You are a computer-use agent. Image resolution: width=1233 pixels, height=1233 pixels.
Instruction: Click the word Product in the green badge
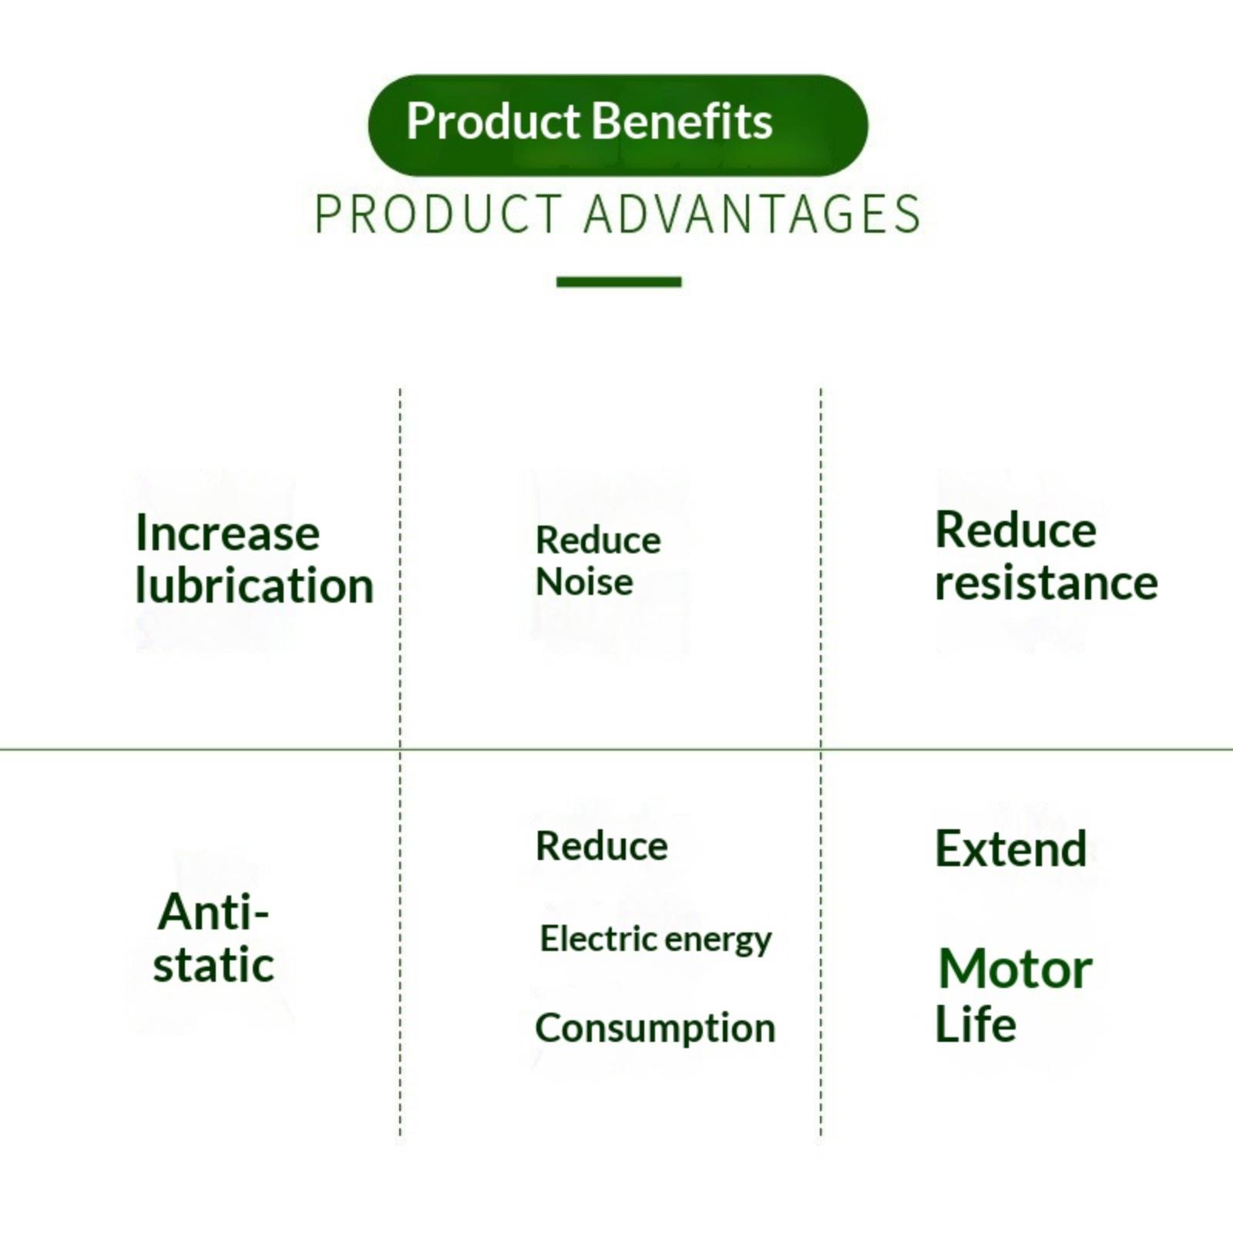click(x=492, y=122)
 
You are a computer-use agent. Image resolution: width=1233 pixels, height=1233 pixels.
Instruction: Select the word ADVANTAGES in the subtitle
click(x=752, y=214)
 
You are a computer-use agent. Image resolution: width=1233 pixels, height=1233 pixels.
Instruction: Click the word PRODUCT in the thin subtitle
click(x=438, y=214)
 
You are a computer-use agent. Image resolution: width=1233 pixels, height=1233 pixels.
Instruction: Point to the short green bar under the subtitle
click(x=619, y=282)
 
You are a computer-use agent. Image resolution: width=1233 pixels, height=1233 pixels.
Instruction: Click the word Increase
click(x=227, y=533)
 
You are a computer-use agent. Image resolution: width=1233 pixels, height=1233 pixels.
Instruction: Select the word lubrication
click(x=254, y=586)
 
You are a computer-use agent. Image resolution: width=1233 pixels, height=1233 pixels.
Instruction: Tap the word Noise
click(x=584, y=582)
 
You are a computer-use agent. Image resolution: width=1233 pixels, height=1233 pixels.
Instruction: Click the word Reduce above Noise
click(x=598, y=540)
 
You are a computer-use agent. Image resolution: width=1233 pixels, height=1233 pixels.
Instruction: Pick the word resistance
click(x=1046, y=583)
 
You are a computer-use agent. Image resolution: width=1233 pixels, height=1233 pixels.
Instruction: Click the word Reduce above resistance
click(x=1015, y=530)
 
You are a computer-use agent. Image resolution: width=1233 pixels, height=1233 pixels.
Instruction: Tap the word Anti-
click(x=213, y=912)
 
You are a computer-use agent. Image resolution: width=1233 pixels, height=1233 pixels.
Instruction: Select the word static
click(x=213, y=965)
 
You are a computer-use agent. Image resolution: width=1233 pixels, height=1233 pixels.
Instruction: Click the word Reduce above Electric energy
click(x=601, y=846)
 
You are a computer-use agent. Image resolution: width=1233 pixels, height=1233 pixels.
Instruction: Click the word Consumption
click(x=655, y=1029)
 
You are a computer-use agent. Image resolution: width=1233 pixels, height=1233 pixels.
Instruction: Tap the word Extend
click(x=1010, y=849)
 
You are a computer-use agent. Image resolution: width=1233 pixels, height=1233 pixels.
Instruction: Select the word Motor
click(x=1015, y=969)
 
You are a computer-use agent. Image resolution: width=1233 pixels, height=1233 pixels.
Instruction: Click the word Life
click(x=975, y=1025)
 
